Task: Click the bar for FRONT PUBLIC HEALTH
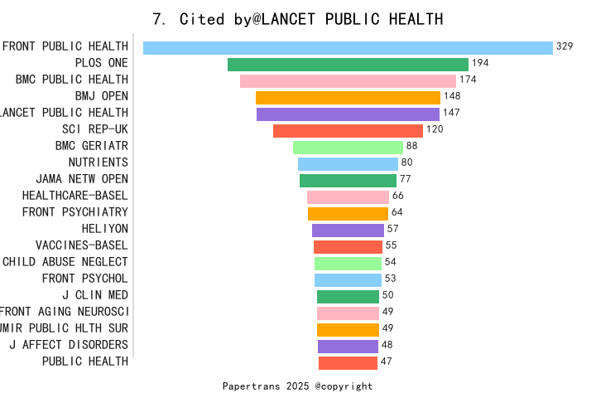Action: (348, 47)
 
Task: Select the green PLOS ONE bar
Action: (348, 64)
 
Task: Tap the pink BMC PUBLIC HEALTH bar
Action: (348, 80)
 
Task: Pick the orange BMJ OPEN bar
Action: (348, 97)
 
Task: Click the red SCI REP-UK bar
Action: (348, 130)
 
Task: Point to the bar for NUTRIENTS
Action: (348, 163)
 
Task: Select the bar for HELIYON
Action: (348, 230)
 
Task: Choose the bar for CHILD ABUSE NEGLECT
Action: (348, 263)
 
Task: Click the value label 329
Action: (565, 46)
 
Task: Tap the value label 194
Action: (480, 63)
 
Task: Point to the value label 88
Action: (411, 146)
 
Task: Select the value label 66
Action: (397, 196)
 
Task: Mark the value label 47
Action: (386, 362)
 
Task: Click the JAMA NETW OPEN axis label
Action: (82, 179)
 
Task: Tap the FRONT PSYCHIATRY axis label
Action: (75, 212)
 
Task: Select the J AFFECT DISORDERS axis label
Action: (69, 344)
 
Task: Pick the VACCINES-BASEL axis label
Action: (82, 245)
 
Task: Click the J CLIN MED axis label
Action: (95, 295)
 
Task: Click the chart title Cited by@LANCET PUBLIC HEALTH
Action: (298, 19)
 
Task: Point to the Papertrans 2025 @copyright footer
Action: (297, 386)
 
